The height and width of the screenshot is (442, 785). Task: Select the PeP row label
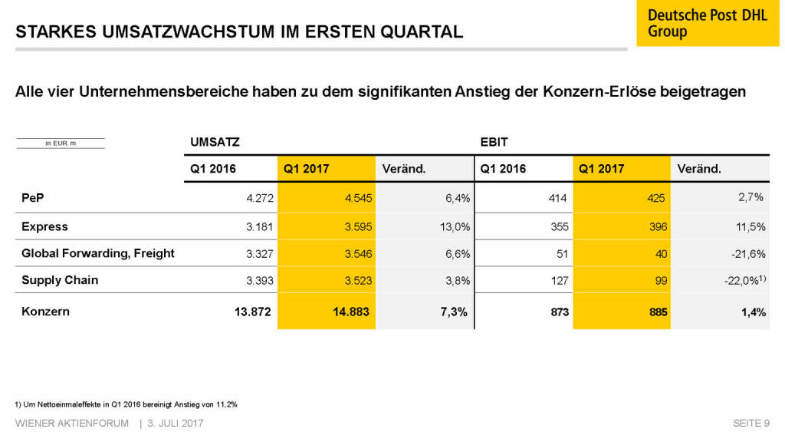pyautogui.click(x=32, y=198)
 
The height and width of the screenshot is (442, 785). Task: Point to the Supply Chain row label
pyautogui.click(x=60, y=280)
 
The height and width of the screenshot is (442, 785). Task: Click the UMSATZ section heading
pyautogui.click(x=215, y=142)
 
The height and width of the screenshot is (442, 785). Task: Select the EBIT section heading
pyautogui.click(x=494, y=142)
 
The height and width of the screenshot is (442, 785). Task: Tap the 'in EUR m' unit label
pyautogui.click(x=60, y=143)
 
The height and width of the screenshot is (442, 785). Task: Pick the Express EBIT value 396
pyautogui.click(x=657, y=227)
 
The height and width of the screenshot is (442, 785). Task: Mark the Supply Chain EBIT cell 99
pyautogui.click(x=660, y=281)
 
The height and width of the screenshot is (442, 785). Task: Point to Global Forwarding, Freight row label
pyautogui.click(x=98, y=253)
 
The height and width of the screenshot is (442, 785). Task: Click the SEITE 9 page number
pyautogui.click(x=751, y=424)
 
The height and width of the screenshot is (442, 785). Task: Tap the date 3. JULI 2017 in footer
pyautogui.click(x=176, y=424)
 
